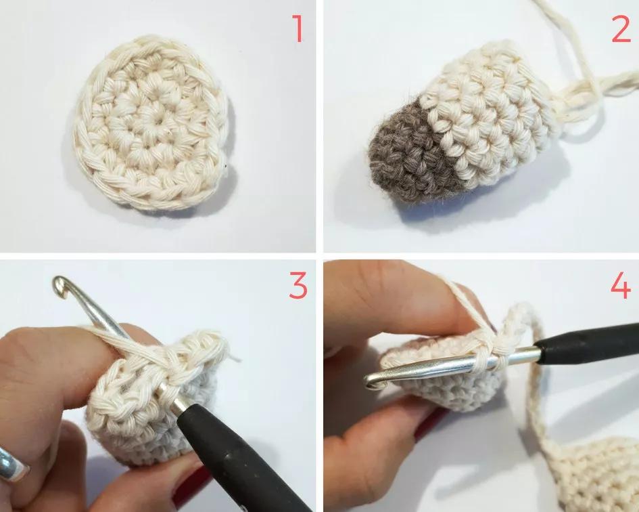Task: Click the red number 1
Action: (299, 28)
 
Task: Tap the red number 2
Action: (621, 28)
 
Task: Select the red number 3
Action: (298, 285)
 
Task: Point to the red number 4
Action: (621, 285)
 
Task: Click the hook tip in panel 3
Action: (60, 284)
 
